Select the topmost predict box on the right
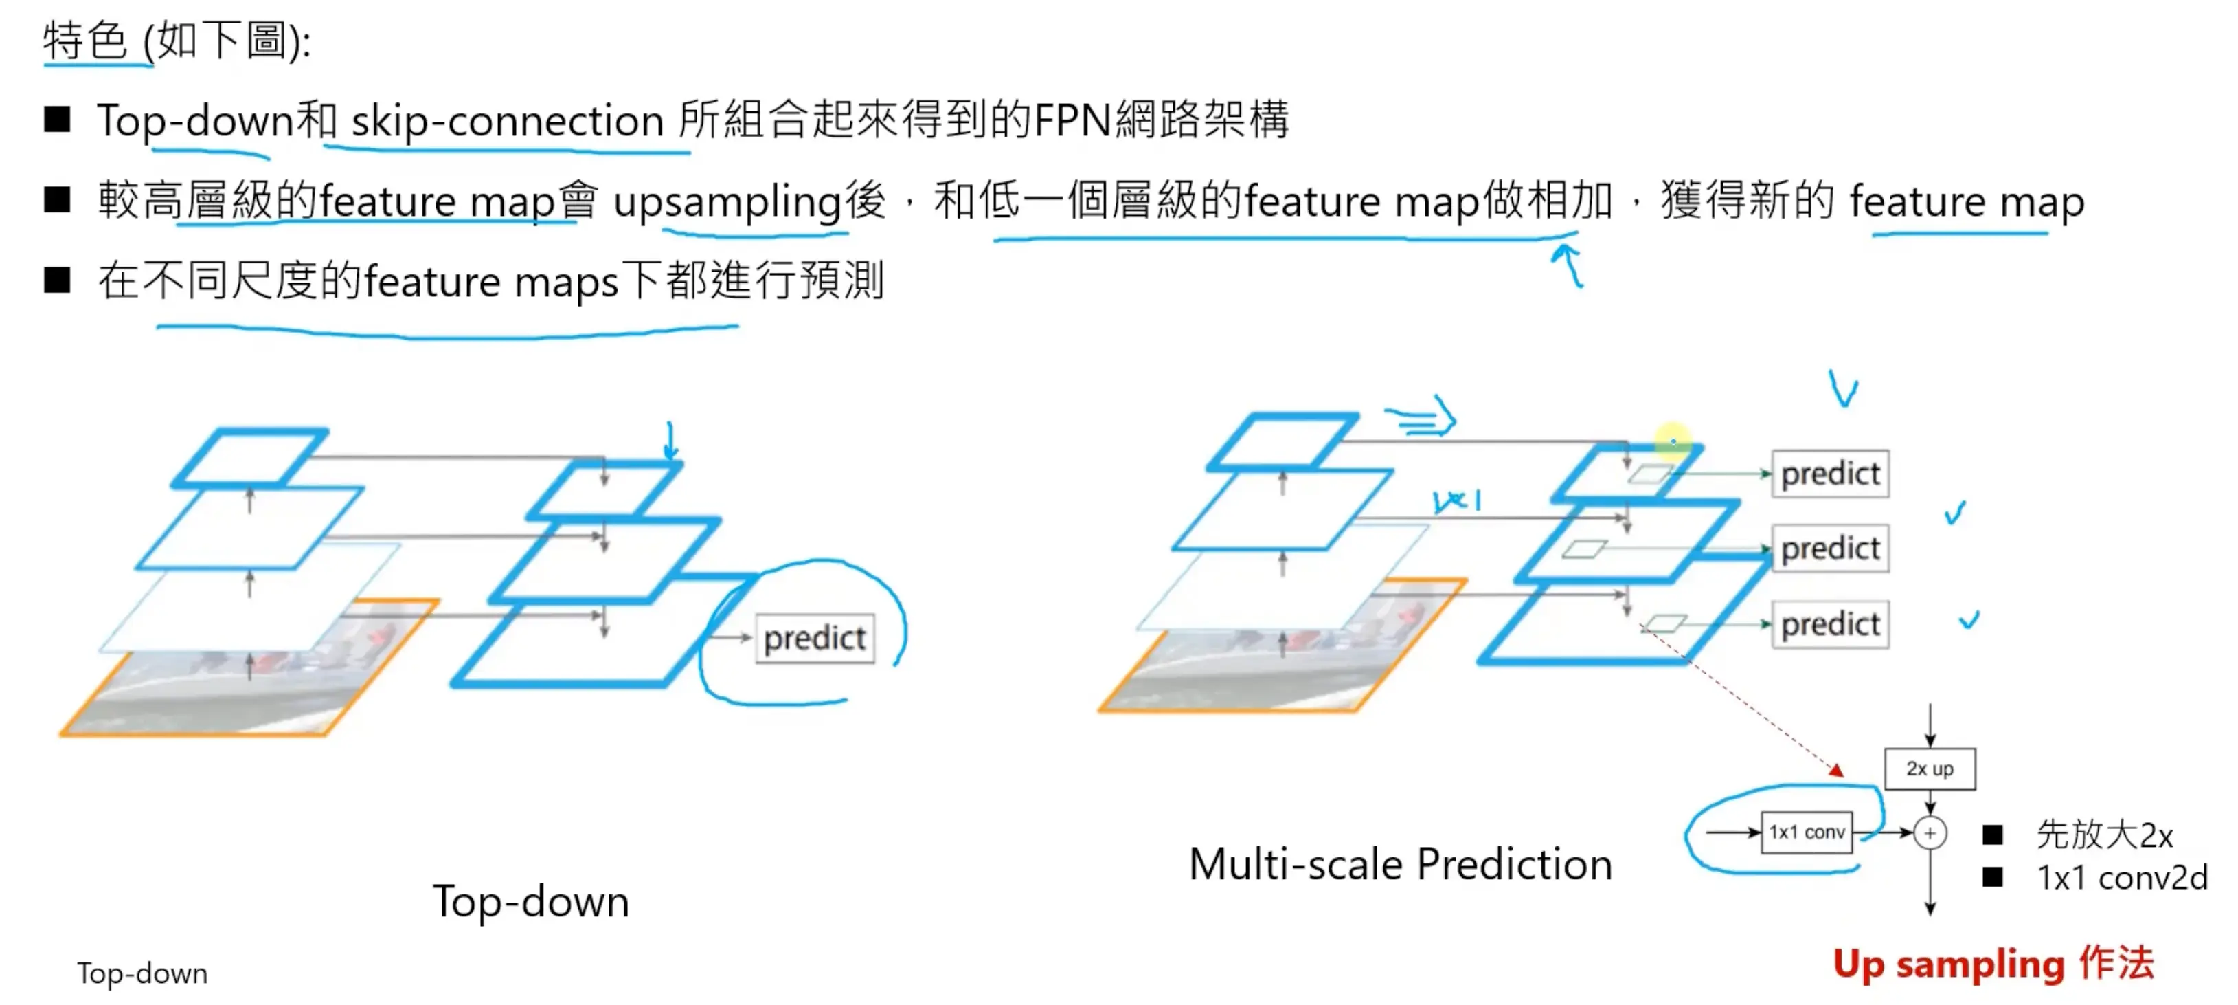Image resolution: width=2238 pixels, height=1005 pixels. point(1831,474)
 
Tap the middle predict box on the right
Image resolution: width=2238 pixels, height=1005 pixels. point(1831,549)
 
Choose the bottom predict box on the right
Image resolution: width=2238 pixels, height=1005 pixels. point(1831,624)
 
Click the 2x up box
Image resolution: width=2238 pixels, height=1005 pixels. point(1930,769)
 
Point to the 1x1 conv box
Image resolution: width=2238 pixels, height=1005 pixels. point(1806,832)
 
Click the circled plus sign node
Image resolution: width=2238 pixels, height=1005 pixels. point(1930,833)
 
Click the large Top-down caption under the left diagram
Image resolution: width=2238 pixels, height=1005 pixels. point(531,902)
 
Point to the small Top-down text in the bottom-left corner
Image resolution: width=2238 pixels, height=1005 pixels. point(142,973)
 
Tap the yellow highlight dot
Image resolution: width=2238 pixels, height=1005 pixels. point(1673,441)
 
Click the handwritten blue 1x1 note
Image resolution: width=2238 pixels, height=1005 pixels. point(1457,500)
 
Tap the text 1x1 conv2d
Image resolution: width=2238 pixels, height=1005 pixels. point(2123,878)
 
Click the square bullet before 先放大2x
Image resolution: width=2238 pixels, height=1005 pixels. point(1992,835)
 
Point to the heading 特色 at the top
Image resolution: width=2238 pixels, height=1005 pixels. point(85,41)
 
